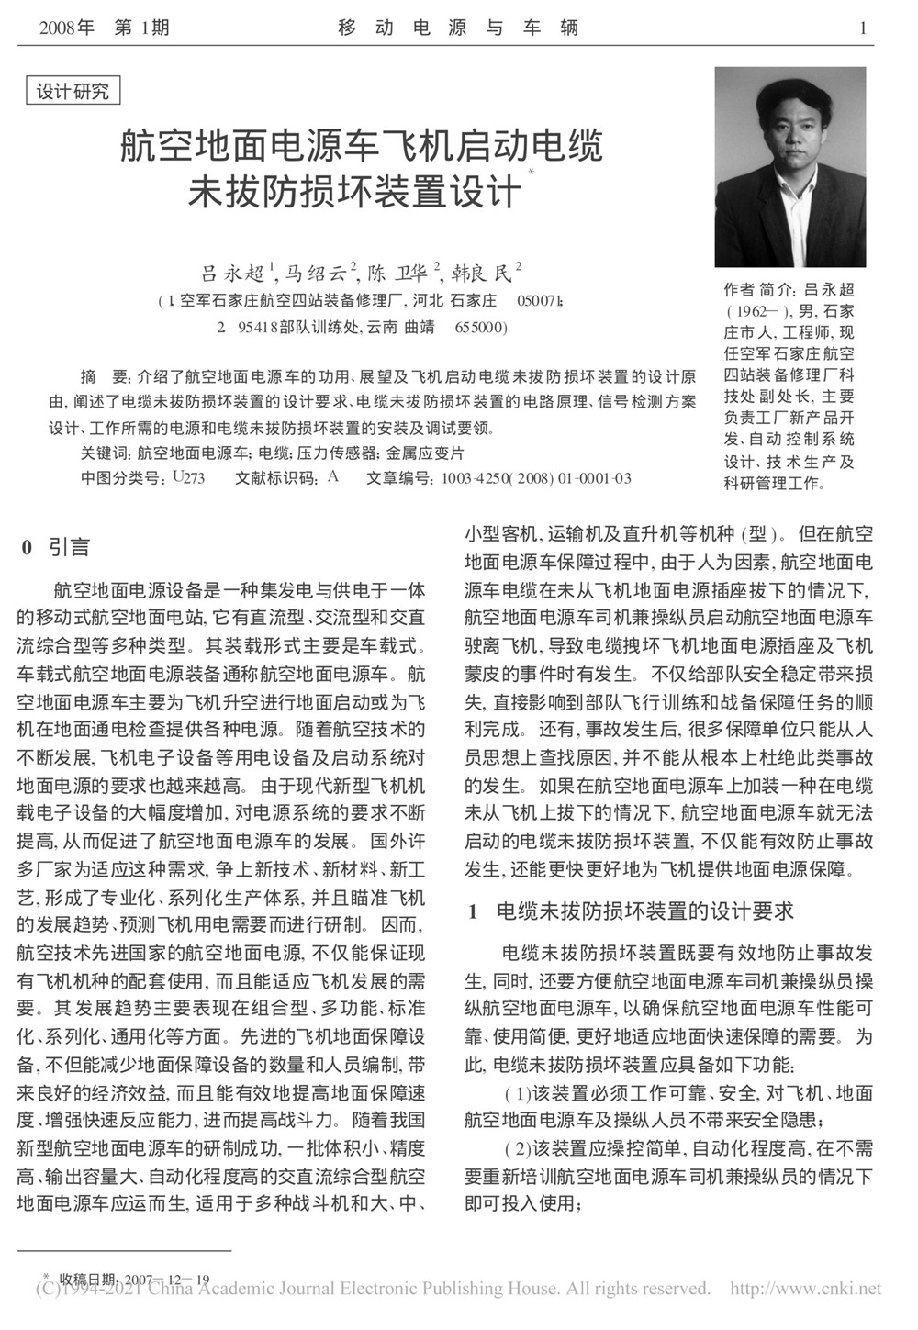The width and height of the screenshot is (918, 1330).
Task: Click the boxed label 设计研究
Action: click(x=73, y=92)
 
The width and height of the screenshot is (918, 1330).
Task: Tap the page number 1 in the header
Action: click(x=862, y=28)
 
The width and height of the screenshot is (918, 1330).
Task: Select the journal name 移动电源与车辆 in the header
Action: click(x=459, y=28)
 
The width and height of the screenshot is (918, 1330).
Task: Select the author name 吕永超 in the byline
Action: click(x=233, y=273)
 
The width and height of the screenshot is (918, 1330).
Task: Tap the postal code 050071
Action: click(x=542, y=301)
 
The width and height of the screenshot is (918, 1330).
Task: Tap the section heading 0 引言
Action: click(x=56, y=548)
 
